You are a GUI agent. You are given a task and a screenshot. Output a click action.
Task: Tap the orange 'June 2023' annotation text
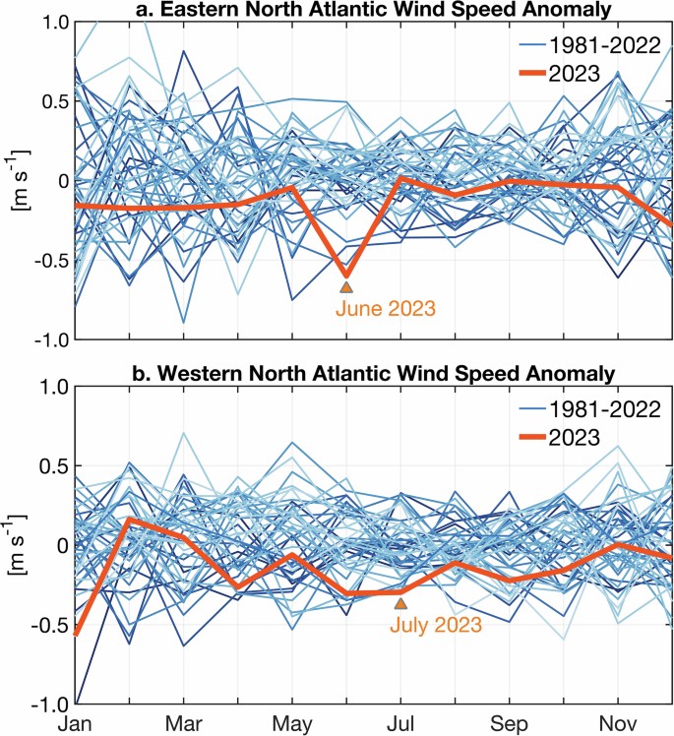coord(385,308)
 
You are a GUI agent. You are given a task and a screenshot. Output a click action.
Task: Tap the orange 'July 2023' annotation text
coord(435,624)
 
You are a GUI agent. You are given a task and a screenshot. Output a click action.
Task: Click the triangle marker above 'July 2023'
coord(400,603)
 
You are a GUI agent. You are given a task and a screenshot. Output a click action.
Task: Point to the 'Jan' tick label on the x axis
coord(76,723)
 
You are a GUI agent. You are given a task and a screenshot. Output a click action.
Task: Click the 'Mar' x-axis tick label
coord(184,723)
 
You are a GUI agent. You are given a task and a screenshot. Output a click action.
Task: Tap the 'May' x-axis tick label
coord(292,723)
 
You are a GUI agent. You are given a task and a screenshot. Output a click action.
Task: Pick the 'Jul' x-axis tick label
coord(400,723)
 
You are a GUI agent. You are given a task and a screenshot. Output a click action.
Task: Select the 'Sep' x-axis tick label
coord(509,723)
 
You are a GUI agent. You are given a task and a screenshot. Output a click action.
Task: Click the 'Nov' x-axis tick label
coord(617,723)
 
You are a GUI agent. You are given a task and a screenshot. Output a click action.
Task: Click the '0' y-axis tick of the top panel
coord(61,180)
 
